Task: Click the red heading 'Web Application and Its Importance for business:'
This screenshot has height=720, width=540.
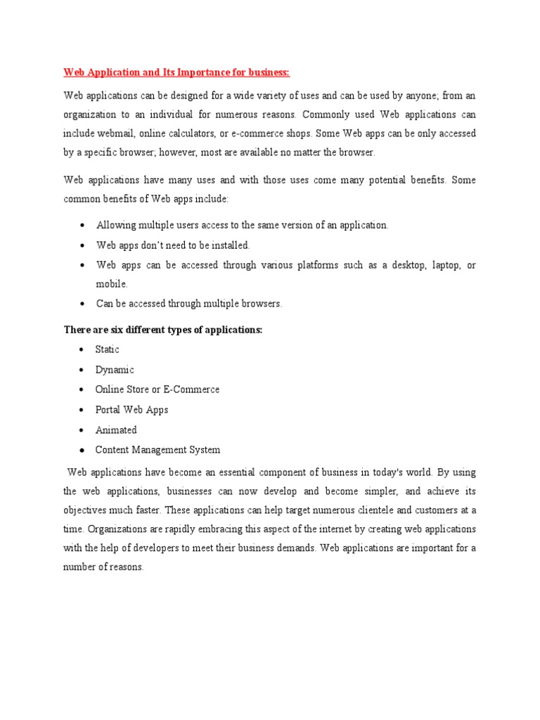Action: pyautogui.click(x=176, y=72)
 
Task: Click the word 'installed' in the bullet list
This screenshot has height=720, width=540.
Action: pyautogui.click(x=227, y=245)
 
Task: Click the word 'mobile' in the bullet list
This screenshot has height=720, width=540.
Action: pyautogui.click(x=111, y=284)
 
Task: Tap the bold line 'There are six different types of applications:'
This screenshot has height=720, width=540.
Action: pyautogui.click(x=162, y=330)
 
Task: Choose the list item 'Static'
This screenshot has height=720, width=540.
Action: pyautogui.click(x=108, y=349)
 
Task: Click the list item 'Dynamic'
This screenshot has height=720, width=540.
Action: pyautogui.click(x=115, y=370)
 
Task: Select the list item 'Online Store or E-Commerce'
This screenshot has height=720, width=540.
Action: pyautogui.click(x=157, y=390)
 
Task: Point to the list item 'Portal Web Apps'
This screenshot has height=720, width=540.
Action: pyautogui.click(x=132, y=410)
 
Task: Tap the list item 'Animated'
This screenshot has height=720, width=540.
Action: pyautogui.click(x=116, y=430)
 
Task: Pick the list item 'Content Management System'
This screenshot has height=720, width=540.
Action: pyautogui.click(x=157, y=450)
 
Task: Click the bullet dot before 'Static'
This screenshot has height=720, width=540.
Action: pyautogui.click(x=82, y=350)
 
